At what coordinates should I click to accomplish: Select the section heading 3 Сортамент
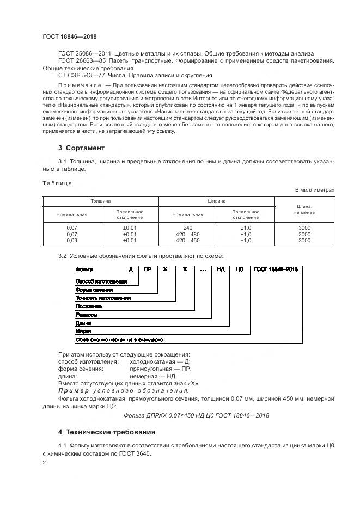click(x=81, y=148)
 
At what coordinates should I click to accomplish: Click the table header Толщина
click(x=101, y=201)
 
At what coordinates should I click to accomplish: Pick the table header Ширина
click(x=217, y=201)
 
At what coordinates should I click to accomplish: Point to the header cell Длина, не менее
click(x=304, y=209)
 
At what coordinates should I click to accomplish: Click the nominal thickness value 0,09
click(x=72, y=240)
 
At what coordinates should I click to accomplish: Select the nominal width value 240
click(x=188, y=228)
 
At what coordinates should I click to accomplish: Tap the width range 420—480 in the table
click(x=188, y=234)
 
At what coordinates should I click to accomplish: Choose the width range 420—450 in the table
click(x=188, y=240)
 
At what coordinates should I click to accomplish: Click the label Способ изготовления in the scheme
click(x=101, y=281)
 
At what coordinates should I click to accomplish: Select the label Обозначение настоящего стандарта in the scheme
click(x=119, y=339)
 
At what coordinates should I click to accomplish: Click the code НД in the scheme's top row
click(x=221, y=269)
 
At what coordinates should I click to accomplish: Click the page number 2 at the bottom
click(x=44, y=463)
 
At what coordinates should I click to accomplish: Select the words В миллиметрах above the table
click(x=314, y=189)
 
